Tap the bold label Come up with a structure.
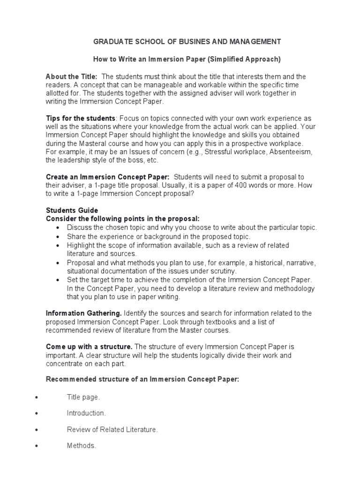click(x=89, y=346)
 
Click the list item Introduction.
click(x=86, y=413)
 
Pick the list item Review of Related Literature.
click(x=112, y=429)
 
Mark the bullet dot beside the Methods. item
click(x=36, y=446)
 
